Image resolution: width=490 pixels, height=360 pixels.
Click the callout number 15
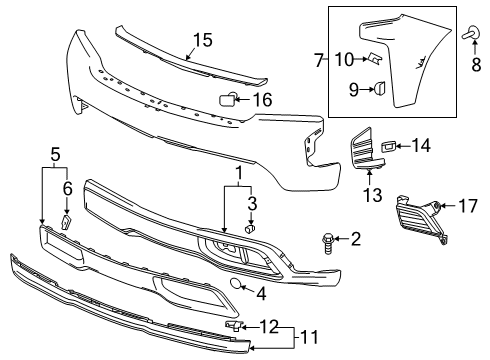click(203, 40)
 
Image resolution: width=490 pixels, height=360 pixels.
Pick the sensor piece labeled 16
click(227, 98)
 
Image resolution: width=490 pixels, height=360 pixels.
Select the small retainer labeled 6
click(67, 222)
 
